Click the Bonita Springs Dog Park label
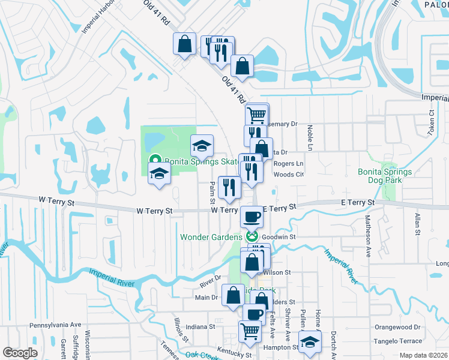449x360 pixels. pyautogui.click(x=385, y=176)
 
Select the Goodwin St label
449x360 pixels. pyautogui.click(x=283, y=238)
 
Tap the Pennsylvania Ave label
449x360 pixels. pyautogui.click(x=55, y=325)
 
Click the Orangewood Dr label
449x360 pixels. pyautogui.click(x=397, y=327)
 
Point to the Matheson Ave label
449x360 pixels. pyautogui.click(x=368, y=237)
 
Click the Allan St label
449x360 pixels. pyautogui.click(x=417, y=223)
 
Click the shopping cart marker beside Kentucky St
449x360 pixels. pyautogui.click(x=250, y=330)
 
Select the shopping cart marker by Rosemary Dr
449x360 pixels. pyautogui.click(x=257, y=113)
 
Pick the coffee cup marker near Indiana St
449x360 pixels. pyautogui.click(x=254, y=314)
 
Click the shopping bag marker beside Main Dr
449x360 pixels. pyautogui.click(x=233, y=295)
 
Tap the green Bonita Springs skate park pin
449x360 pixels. pyautogui.click(x=154, y=160)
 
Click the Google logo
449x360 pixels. pyautogui.click(x=20, y=353)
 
